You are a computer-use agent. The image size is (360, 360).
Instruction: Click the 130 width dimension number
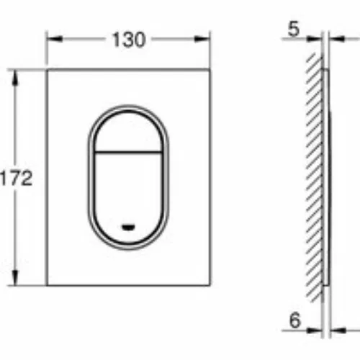(129, 40)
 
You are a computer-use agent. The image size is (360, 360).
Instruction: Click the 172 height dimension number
(17, 178)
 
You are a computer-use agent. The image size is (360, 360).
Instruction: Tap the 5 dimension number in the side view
(294, 29)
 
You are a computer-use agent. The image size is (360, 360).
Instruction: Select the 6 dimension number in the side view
(294, 320)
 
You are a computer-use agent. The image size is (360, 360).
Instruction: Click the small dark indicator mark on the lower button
(128, 227)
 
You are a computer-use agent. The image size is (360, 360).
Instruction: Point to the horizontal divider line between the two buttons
(128, 152)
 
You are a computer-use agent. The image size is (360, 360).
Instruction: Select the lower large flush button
(128, 197)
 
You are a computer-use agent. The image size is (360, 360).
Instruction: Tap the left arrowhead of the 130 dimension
(55, 39)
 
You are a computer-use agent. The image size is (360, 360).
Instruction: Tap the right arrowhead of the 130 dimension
(202, 39)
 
